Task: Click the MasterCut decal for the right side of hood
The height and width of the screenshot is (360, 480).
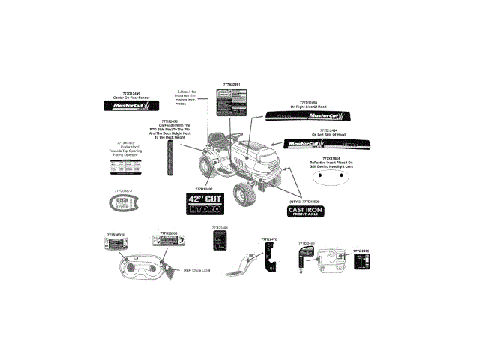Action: coord(307,117)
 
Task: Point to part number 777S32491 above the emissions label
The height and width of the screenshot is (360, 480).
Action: coord(231,85)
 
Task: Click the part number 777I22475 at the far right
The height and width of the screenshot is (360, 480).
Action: coord(361,250)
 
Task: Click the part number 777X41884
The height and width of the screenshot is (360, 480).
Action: coord(331,159)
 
